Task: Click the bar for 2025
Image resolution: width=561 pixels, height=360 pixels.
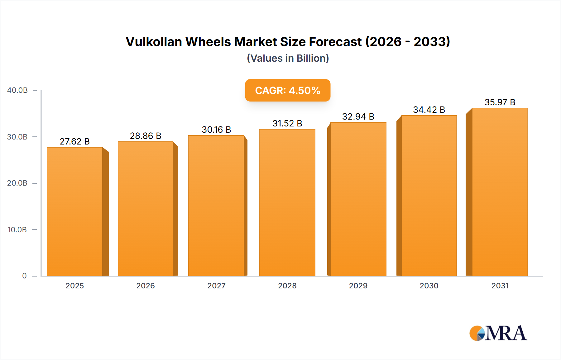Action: click(x=75, y=212)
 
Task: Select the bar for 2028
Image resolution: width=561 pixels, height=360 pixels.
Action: click(x=287, y=202)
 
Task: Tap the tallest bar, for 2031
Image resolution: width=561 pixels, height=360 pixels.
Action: click(x=500, y=192)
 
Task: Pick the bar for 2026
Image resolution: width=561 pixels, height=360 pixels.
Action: click(x=145, y=209)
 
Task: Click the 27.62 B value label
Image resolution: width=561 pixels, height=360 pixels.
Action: click(x=75, y=141)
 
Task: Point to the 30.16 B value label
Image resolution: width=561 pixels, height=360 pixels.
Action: click(x=216, y=130)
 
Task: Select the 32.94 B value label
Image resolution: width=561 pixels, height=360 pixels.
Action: click(x=358, y=116)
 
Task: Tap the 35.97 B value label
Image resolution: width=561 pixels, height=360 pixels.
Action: click(x=500, y=102)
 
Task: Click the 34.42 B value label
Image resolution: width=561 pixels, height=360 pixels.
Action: click(x=429, y=110)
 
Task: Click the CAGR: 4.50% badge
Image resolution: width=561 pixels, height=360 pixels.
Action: click(x=288, y=90)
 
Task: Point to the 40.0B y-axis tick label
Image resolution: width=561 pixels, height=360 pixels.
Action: click(x=17, y=90)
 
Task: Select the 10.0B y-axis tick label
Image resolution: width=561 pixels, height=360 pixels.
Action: click(x=17, y=230)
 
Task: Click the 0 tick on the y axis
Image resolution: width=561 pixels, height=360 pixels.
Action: click(x=24, y=276)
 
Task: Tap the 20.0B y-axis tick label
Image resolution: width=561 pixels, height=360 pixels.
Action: click(x=17, y=183)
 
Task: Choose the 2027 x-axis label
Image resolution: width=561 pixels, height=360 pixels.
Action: click(x=216, y=286)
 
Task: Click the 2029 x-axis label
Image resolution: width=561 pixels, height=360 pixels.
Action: click(x=358, y=286)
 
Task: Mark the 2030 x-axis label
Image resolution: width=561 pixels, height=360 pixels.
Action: click(x=429, y=286)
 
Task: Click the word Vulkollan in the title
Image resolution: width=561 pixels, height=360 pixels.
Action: click(x=154, y=42)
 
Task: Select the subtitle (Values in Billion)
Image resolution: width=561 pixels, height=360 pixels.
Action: click(x=288, y=58)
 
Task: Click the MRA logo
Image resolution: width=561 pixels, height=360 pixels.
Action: click(x=498, y=333)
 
